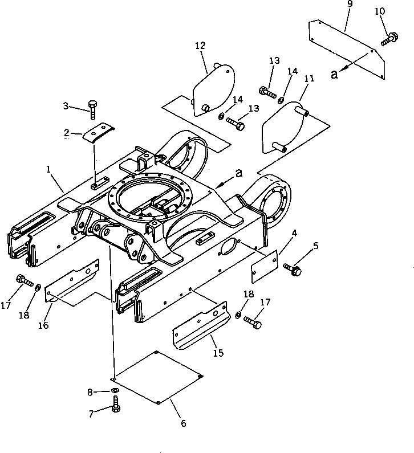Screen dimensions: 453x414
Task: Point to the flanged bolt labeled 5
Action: click(x=293, y=270)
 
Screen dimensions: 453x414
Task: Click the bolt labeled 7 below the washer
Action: click(x=115, y=407)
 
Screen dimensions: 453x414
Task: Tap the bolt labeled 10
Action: click(x=390, y=38)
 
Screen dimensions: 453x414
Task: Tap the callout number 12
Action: click(x=200, y=45)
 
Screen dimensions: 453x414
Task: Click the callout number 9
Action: click(x=350, y=5)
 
